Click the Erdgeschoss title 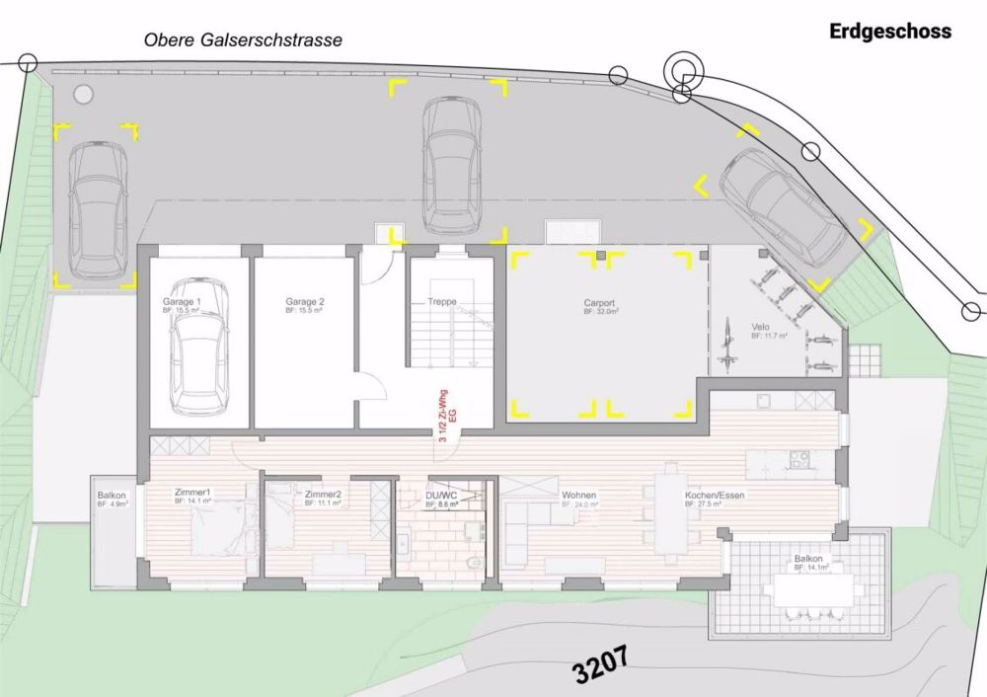[x=890, y=32]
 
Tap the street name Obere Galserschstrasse [x=243, y=40]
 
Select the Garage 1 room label [x=183, y=301]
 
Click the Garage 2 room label [x=305, y=301]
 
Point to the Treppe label [x=441, y=301]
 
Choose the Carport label [x=599, y=303]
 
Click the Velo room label [x=760, y=327]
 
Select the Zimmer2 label [x=323, y=494]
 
